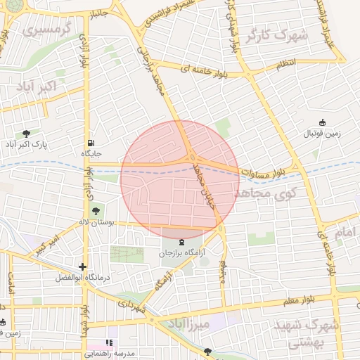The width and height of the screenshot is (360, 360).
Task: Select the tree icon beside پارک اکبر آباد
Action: (27, 133)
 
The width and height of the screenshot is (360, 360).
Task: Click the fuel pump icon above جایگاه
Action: (91, 141)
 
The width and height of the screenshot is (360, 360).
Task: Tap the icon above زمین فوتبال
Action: (323, 122)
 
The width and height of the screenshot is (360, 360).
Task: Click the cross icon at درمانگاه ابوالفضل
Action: (84, 266)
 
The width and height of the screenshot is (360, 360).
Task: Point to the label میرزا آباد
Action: (188, 324)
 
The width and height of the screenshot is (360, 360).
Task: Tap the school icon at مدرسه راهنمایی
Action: (109, 343)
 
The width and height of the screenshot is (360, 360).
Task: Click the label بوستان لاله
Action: (92, 221)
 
